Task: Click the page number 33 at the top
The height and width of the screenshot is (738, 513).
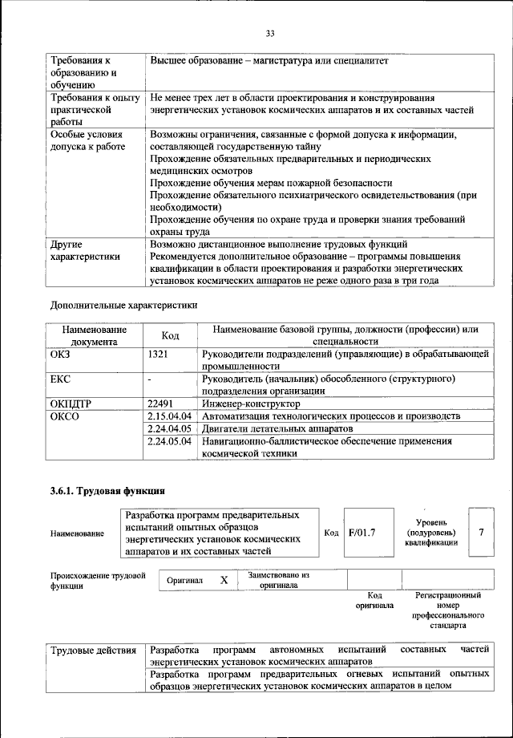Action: [269, 33]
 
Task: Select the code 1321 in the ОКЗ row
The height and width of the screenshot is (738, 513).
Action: [160, 353]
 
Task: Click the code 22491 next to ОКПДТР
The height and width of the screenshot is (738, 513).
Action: [163, 403]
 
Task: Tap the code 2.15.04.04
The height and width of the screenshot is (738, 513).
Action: [171, 416]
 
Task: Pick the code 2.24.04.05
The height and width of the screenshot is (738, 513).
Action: [171, 428]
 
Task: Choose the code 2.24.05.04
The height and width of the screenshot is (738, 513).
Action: [171, 441]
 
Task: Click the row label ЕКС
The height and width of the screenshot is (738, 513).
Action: [62, 378]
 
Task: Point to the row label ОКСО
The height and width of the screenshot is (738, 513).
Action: [65, 416]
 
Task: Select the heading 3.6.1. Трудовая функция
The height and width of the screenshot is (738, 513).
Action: [108, 490]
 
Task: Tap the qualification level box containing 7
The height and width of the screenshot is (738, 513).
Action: [480, 531]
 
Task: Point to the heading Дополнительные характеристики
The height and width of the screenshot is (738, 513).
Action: [123, 305]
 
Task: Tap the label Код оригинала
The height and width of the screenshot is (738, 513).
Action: [374, 601]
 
